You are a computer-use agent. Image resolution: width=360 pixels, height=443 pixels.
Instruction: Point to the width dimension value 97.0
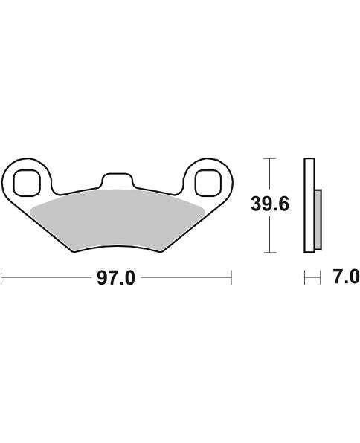coord(118,279)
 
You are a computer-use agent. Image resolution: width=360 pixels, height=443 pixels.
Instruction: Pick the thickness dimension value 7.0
coord(343,278)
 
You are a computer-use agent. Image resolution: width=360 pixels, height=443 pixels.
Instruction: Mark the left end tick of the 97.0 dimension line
coord(2,279)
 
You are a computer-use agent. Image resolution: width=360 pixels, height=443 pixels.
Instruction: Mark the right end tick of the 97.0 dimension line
coord(233,279)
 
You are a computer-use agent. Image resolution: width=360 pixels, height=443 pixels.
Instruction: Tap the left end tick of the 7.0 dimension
coord(303,278)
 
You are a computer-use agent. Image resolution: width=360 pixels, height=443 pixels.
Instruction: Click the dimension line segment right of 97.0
coord(186,279)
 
